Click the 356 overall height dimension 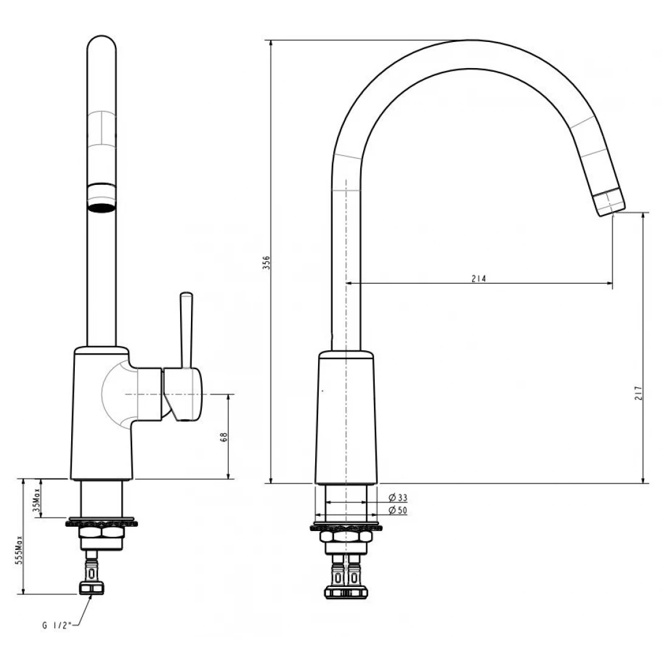click(x=266, y=263)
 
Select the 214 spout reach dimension click(x=479, y=279)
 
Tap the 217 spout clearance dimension click(x=638, y=393)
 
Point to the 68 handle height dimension click(x=224, y=437)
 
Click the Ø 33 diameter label click(x=398, y=498)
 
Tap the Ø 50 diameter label click(x=398, y=510)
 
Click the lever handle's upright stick click(x=186, y=330)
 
